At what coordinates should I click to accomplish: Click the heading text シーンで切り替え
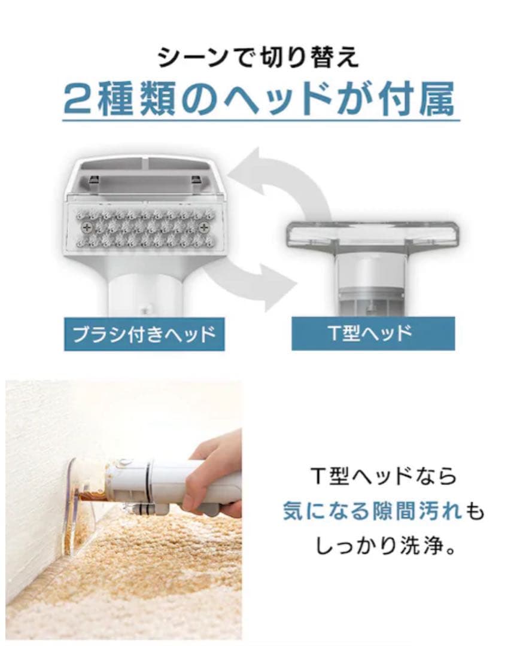coord(259,57)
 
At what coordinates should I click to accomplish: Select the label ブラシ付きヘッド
coord(144,334)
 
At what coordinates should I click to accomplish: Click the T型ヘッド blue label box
coord(373,334)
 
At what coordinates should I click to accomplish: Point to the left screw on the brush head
coord(87,227)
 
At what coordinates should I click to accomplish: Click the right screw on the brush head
coord(204,227)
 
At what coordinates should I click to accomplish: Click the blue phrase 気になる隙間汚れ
coord(371,511)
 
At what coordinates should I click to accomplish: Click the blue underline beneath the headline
coord(261,121)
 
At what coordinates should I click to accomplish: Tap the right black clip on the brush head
coord(196,179)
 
